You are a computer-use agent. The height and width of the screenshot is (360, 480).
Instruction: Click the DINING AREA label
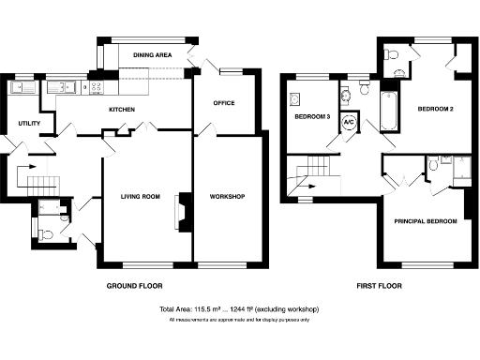pos(152,56)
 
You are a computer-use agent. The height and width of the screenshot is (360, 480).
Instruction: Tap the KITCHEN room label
pos(122,111)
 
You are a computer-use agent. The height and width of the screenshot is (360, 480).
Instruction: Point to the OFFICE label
pos(223,103)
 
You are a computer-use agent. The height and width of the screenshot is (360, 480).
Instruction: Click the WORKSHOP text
pos(227,196)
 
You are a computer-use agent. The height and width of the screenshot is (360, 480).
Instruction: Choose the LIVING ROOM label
pos(141,196)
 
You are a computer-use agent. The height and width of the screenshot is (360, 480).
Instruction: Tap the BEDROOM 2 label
pos(436,110)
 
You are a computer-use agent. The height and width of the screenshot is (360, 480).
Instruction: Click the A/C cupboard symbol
pos(349,123)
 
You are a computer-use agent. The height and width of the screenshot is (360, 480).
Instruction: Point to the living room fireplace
pos(183,212)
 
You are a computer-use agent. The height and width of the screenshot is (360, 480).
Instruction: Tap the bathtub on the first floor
pos(387,110)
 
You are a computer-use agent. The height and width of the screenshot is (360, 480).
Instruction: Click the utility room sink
pos(19,88)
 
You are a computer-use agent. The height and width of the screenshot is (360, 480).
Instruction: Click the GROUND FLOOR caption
pos(136,285)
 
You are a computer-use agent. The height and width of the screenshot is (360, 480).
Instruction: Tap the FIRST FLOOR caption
pos(379,285)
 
